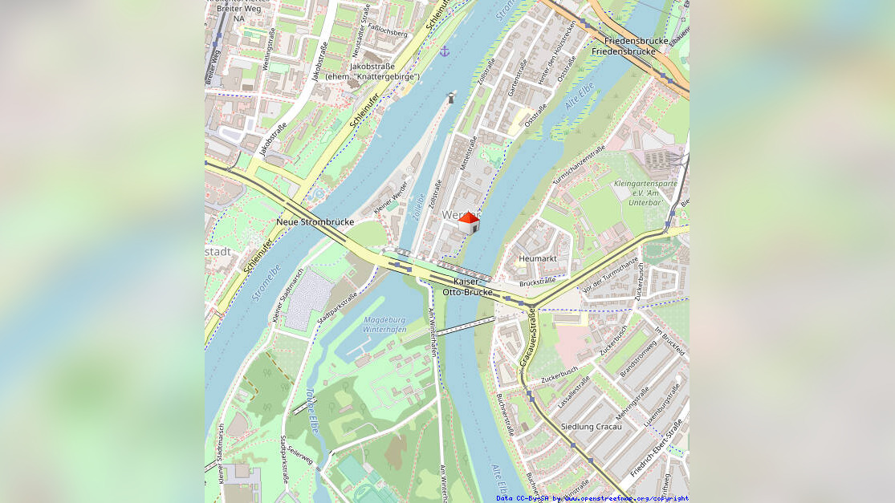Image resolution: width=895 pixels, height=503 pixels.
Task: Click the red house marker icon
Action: tap(469, 223)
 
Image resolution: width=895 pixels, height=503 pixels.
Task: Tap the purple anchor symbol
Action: tap(445, 51)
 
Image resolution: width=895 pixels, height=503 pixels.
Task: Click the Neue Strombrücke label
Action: tap(315, 221)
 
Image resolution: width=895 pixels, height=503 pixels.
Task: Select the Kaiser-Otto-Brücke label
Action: tap(468, 286)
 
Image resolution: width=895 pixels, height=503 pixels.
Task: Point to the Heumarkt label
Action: tap(537, 258)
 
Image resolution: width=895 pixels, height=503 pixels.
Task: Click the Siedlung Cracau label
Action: tap(591, 426)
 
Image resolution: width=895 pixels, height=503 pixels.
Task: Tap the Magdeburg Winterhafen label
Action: tap(384, 325)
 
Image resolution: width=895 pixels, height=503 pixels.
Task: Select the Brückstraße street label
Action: tap(537, 282)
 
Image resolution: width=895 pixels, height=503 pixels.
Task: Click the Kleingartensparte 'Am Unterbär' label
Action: tap(645, 193)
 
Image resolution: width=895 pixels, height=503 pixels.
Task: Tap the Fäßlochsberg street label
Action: tap(386, 33)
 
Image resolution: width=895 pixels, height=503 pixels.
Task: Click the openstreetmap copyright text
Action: tap(592, 498)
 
